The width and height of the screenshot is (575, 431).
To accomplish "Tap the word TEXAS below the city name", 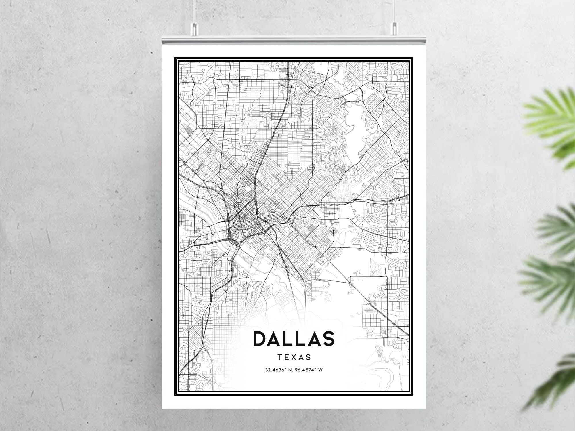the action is (294, 357).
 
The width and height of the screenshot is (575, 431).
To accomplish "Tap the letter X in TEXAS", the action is (294, 357).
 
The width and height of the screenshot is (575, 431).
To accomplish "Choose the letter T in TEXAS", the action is (280, 357).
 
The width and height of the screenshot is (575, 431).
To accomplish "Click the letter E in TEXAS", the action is (287, 357).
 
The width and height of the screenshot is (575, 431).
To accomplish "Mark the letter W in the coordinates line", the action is (320, 370).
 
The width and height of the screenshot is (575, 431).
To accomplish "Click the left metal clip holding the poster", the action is (195, 28).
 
